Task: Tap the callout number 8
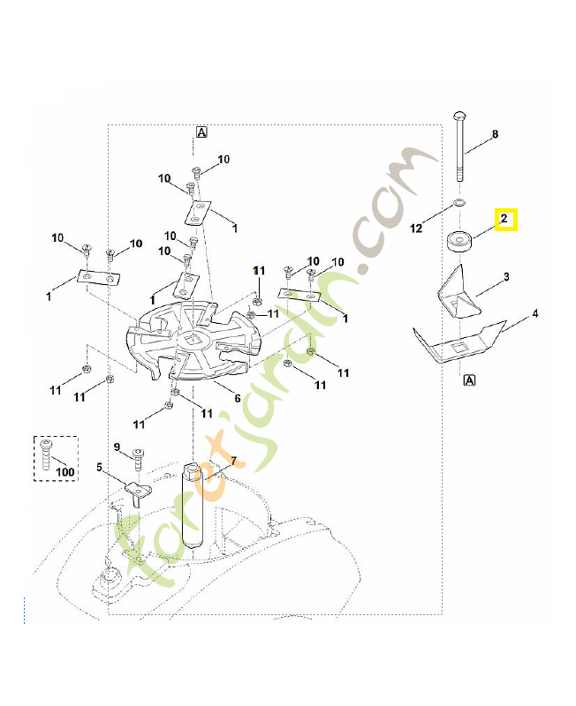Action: pyautogui.click(x=495, y=134)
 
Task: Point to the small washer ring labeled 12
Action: pyautogui.click(x=459, y=205)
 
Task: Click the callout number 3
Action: pyautogui.click(x=506, y=277)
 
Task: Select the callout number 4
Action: pyautogui.click(x=535, y=313)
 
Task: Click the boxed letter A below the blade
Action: pyautogui.click(x=469, y=380)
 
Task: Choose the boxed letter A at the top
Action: pyautogui.click(x=201, y=131)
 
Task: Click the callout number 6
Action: pyautogui.click(x=237, y=398)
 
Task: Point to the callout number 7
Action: pyautogui.click(x=233, y=461)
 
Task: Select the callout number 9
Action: pyautogui.click(x=116, y=447)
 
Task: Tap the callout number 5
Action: pyautogui.click(x=99, y=467)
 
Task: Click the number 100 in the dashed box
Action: pyautogui.click(x=64, y=472)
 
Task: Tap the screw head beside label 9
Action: pyautogui.click(x=139, y=455)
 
